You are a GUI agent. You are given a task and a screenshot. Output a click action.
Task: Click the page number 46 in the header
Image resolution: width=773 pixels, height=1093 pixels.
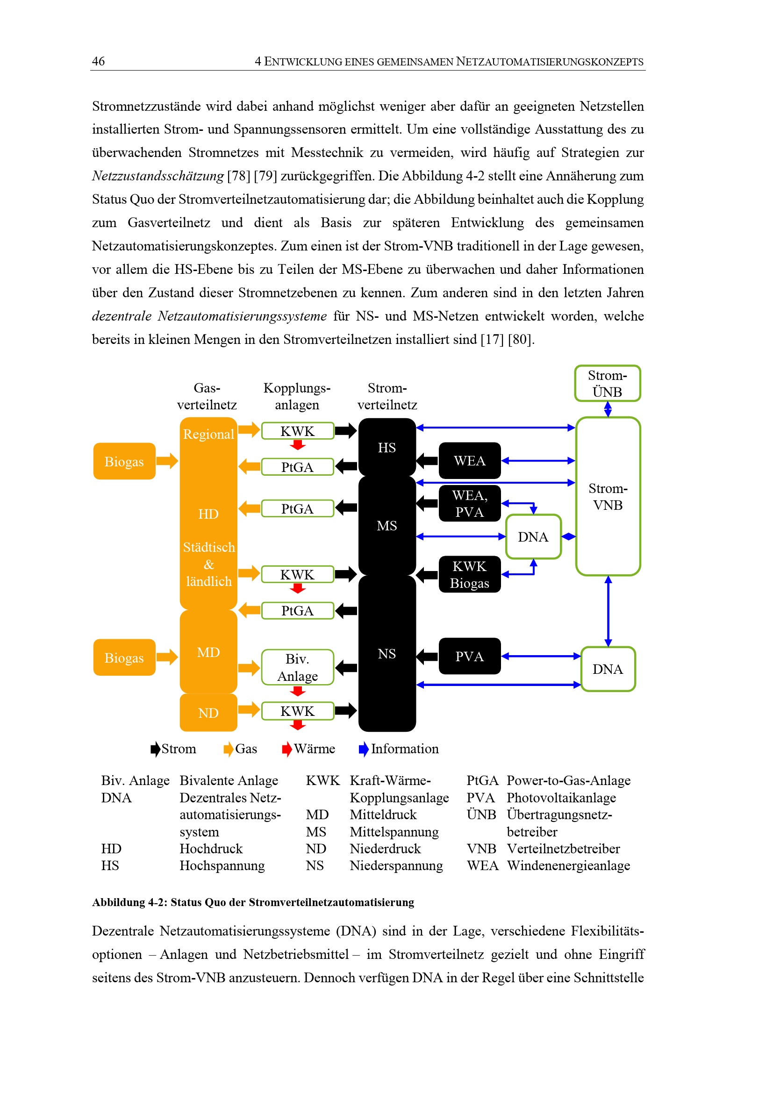(x=98, y=61)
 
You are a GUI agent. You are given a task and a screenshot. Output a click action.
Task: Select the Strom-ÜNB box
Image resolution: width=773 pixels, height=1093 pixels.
(x=607, y=384)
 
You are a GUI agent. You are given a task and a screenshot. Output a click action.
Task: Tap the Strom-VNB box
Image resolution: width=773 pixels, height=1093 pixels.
(x=608, y=497)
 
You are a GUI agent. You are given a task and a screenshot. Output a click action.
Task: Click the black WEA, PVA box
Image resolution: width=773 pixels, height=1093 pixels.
(x=469, y=504)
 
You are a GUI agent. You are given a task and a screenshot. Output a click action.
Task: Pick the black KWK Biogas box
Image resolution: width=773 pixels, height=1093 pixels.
(x=469, y=575)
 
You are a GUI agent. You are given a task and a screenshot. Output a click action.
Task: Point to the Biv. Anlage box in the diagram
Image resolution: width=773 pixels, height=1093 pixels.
(x=298, y=667)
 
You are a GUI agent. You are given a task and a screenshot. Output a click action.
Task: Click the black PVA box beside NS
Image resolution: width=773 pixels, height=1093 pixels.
(x=469, y=657)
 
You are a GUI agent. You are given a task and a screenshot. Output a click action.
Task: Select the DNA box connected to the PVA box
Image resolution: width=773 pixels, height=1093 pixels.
(x=608, y=669)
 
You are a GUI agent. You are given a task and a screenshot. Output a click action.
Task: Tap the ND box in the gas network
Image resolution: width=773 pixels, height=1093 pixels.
(x=208, y=713)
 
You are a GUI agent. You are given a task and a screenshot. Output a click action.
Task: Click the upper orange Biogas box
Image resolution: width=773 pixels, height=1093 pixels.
(x=124, y=461)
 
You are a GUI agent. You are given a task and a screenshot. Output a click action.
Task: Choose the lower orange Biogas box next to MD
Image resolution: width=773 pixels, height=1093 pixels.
(x=124, y=658)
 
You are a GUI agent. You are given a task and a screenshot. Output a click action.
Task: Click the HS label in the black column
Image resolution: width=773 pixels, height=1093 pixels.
(x=386, y=448)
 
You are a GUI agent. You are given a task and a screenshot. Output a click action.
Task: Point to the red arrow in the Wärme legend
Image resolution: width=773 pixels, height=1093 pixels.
(x=286, y=749)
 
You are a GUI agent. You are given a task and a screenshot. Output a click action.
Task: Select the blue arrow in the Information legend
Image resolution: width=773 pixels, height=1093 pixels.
(x=364, y=749)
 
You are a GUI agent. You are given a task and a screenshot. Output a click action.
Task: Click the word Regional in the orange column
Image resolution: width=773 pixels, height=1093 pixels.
(x=208, y=434)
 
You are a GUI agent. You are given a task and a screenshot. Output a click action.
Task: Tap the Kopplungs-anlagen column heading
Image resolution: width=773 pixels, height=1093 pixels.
(x=297, y=396)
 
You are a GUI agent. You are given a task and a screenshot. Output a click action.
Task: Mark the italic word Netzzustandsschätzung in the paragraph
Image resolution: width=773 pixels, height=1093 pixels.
(x=157, y=176)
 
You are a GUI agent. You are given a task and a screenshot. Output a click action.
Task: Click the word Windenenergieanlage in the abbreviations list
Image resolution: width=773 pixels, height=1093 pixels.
(x=568, y=865)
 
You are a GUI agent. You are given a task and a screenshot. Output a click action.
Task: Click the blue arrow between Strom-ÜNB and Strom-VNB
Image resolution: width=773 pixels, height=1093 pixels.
(x=608, y=409)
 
